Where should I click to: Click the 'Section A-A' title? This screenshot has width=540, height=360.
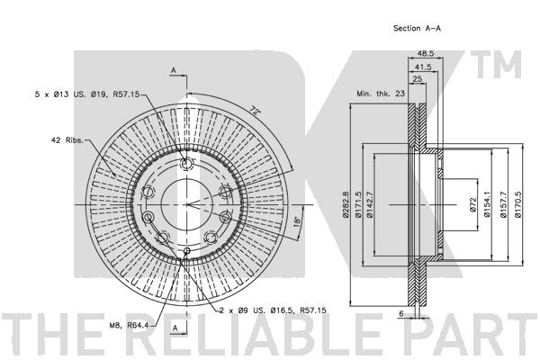tap(417, 28)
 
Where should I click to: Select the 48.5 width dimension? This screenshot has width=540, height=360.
tap(426, 53)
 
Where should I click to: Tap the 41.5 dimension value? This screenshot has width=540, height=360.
tap(423, 67)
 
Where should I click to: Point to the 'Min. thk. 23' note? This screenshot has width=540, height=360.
tap(381, 94)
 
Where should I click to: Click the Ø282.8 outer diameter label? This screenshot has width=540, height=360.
tap(346, 204)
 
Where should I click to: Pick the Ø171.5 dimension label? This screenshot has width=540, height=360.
tap(358, 204)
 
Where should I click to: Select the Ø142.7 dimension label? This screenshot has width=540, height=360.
tap(370, 204)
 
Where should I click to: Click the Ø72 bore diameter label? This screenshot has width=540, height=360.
tap(472, 204)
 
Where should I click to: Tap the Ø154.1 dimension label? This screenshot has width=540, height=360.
tap(487, 204)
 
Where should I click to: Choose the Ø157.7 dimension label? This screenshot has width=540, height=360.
tap(503, 204)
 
